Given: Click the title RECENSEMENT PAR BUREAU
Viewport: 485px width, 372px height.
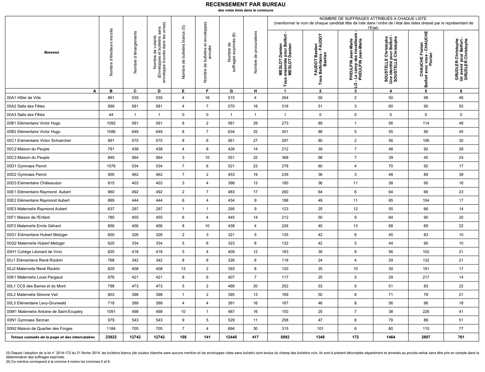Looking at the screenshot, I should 246,4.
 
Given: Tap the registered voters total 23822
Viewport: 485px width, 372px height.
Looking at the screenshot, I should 111,337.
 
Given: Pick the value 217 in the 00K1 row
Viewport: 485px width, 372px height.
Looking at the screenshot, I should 426,277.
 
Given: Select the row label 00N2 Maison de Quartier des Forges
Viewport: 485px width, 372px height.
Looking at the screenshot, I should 40,328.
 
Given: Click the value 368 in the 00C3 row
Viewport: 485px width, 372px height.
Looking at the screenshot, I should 285,157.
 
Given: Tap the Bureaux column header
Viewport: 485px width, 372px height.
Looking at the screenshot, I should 51,52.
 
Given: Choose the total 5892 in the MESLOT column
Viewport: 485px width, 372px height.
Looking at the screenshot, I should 285,337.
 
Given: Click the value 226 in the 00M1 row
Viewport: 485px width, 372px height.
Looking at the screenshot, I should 426,311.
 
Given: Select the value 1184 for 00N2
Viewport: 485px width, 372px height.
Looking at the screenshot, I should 111,328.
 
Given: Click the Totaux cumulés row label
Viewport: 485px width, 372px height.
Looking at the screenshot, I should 53,337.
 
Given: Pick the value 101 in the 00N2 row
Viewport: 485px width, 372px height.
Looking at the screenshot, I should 320,328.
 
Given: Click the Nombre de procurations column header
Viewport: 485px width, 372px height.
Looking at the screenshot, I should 255,52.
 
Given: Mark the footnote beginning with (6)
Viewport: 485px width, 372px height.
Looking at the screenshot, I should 58,362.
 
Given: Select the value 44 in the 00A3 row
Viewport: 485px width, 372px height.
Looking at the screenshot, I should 111,115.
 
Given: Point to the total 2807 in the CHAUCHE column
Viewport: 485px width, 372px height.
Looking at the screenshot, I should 426,337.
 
